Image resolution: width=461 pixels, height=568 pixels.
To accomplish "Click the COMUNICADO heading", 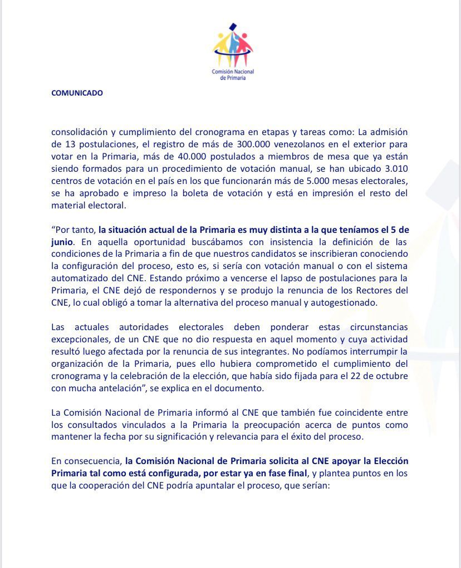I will point(77,93).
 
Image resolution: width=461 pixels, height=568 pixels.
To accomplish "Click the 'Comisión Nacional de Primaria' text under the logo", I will point(233,75).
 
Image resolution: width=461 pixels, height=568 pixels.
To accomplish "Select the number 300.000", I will point(246,143).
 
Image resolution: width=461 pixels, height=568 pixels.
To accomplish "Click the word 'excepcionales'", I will point(76,338).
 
